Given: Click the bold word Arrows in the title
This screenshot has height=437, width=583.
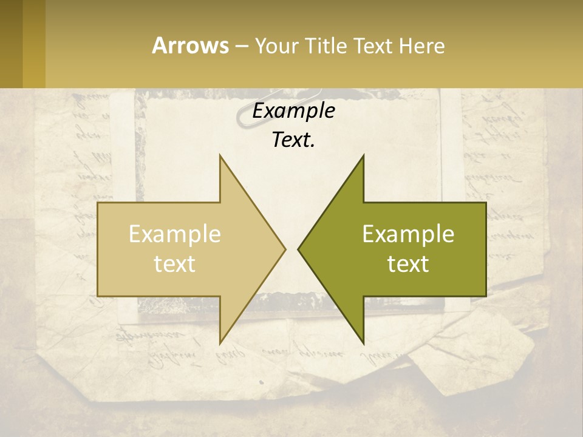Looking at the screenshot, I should (190, 46).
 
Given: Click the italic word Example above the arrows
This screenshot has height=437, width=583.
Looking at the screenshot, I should (293, 110).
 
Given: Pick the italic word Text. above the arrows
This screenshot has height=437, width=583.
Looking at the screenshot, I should (293, 140).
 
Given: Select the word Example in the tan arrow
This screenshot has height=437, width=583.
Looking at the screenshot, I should (174, 234).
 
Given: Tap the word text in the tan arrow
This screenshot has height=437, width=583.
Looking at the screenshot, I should (174, 263).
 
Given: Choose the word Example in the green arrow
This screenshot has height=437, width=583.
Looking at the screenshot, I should (408, 234).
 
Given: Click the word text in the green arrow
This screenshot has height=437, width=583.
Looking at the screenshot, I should (408, 263).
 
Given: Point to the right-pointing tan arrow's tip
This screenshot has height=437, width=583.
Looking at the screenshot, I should (285, 249).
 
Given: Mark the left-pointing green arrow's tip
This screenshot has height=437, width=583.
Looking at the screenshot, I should (298, 249).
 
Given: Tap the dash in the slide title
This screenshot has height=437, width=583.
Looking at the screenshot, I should (241, 46).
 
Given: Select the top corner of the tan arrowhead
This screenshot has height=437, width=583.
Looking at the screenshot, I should (220, 156).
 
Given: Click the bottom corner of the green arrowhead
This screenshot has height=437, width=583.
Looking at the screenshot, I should (363, 342).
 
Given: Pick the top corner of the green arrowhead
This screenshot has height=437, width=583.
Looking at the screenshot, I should (363, 156).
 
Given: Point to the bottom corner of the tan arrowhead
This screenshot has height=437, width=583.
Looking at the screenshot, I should (220, 342).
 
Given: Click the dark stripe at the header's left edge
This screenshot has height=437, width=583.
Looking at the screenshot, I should (11, 44).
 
